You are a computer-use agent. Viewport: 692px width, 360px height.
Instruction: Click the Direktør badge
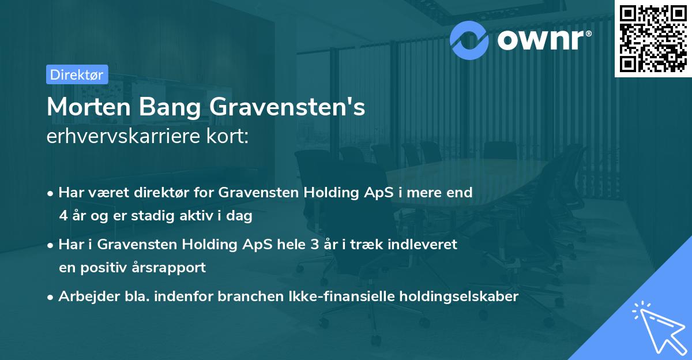click(77, 74)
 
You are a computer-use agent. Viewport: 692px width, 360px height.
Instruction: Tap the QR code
click(652, 38)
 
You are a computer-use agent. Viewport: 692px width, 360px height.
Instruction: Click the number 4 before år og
click(63, 216)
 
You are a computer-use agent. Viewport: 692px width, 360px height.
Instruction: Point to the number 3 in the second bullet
click(314, 244)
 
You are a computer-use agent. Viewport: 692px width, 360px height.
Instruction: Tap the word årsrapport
click(171, 268)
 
